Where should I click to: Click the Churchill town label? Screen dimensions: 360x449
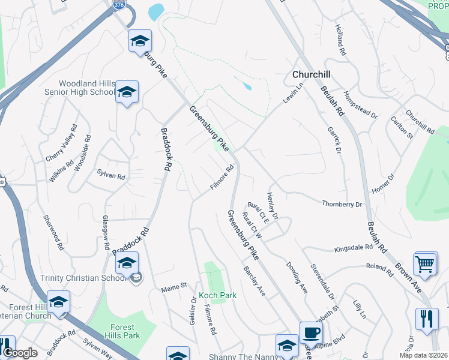(x=313, y=75)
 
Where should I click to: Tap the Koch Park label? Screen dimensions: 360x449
(x=218, y=295)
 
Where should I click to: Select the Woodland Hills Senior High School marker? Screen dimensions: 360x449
(x=127, y=92)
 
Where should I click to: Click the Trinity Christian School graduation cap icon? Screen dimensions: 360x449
(x=127, y=263)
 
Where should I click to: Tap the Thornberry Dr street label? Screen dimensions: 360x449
(x=342, y=204)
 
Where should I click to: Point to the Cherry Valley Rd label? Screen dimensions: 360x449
(x=62, y=144)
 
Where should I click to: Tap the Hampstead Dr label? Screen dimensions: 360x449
(x=361, y=104)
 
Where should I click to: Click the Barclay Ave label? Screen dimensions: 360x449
(x=254, y=281)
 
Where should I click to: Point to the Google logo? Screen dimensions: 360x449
(x=20, y=353)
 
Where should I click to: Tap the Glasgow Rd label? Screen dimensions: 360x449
(x=106, y=232)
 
